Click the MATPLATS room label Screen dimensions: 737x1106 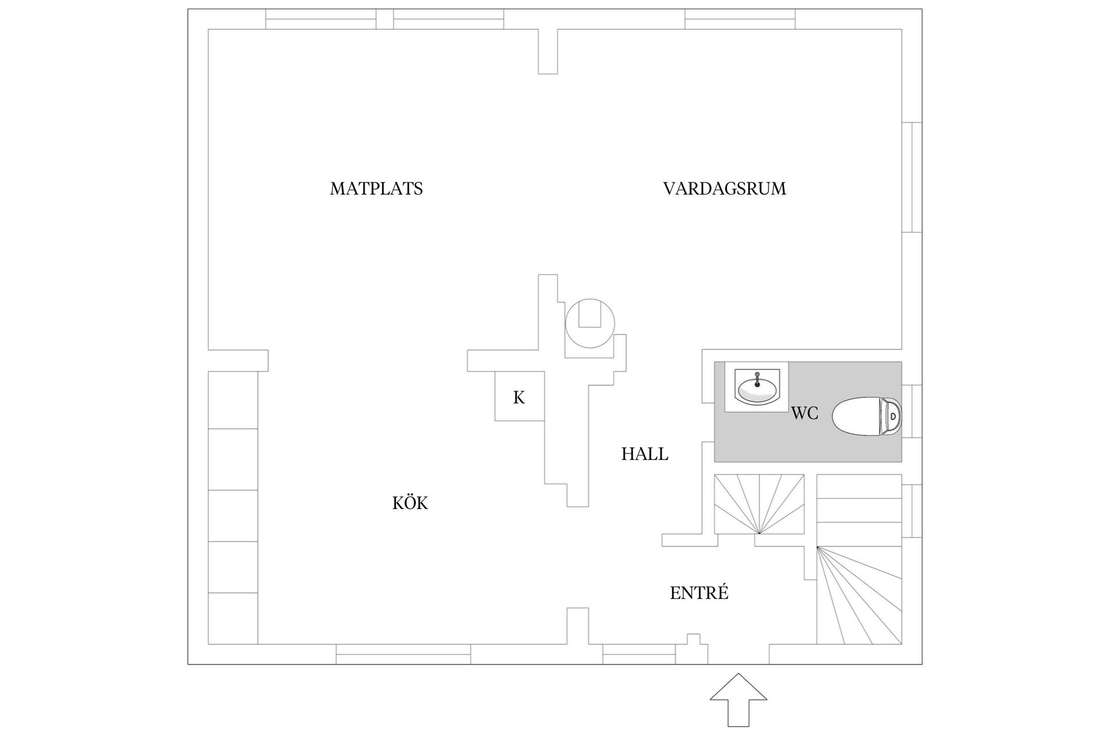376,189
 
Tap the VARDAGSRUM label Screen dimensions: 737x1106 724,189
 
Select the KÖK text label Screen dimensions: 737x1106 410,503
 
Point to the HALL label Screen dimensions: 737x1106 645,454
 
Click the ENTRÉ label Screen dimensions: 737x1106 699,593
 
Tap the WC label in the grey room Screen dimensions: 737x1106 805,413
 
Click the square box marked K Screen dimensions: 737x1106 520,396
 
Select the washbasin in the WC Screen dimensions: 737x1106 756,389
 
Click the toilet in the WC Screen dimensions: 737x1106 867,416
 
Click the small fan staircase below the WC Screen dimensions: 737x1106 759,504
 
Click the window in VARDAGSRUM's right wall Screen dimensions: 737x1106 911,177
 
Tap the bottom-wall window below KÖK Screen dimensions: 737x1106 403,655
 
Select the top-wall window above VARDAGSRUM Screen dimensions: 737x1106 740,19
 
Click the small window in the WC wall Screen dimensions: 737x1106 911,411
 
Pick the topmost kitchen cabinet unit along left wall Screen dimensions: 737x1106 232,400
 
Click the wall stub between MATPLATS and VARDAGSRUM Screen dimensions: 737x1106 548,51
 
